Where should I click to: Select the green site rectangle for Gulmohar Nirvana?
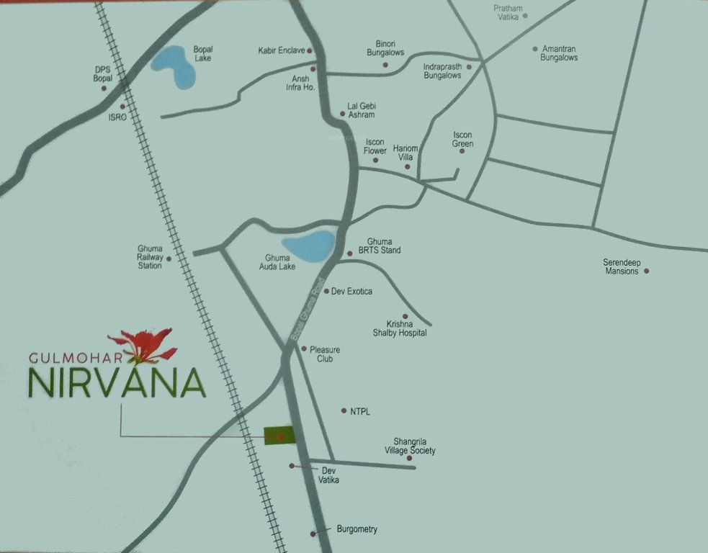(x=279, y=435)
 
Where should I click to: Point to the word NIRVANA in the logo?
(x=117, y=382)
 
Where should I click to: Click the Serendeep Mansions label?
(x=621, y=266)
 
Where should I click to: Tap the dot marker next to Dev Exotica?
(x=326, y=292)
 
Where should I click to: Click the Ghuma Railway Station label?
(x=150, y=257)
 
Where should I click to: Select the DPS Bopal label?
(x=103, y=73)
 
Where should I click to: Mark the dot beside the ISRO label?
(x=122, y=106)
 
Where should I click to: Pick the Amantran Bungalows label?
(x=559, y=53)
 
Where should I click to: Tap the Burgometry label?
(x=357, y=529)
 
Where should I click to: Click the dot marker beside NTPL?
(x=343, y=411)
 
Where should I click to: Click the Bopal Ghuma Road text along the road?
(x=308, y=310)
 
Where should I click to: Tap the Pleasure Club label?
(x=325, y=354)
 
